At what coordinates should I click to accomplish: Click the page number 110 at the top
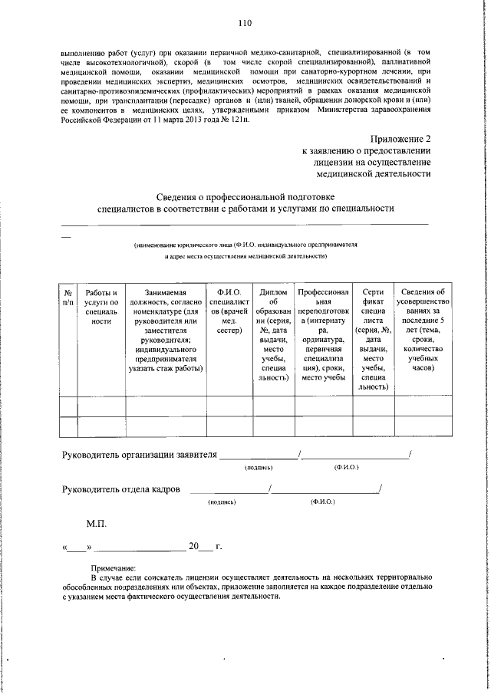[x=245, y=22]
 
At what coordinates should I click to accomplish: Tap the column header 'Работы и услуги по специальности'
[x=101, y=308]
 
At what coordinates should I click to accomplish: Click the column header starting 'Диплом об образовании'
[x=273, y=334]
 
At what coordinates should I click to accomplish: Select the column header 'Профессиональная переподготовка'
[x=323, y=334]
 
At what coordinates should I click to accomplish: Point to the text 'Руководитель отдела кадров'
[x=121, y=488]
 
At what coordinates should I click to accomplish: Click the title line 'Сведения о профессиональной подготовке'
[x=245, y=196]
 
